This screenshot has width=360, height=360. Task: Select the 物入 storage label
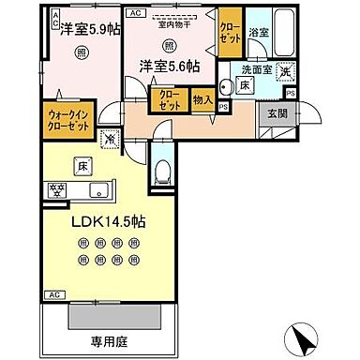click(x=202, y=99)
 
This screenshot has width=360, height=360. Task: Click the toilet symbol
click(x=162, y=172)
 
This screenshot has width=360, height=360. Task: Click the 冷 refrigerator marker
click(x=110, y=140)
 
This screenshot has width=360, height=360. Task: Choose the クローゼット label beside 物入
click(x=169, y=100)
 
